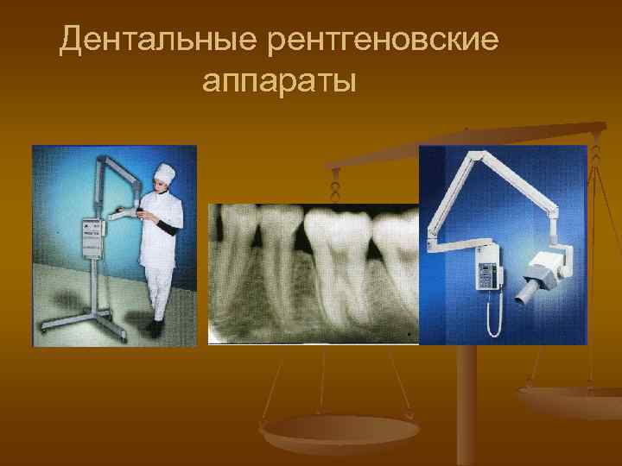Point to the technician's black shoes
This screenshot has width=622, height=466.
point(155,329)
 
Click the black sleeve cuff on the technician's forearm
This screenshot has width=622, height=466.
point(168,227)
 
